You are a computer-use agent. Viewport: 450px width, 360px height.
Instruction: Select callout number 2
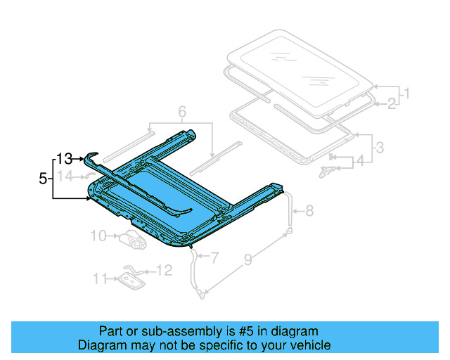click(392, 104)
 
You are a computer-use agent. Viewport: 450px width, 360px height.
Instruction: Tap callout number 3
click(379, 148)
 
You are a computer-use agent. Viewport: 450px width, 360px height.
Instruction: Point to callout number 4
click(359, 161)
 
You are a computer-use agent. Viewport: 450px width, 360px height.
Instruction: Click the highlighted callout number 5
click(43, 179)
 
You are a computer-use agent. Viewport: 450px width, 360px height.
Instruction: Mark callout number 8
click(310, 210)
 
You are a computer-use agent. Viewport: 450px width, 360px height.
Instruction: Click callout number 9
click(247, 261)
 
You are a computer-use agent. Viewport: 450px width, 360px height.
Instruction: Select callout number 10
click(98, 235)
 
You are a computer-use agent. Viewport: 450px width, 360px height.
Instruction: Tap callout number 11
click(101, 278)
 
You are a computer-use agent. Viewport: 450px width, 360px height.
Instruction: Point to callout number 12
click(164, 269)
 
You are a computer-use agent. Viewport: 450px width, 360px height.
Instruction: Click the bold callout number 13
click(65, 159)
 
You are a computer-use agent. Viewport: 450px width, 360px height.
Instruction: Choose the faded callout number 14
click(65, 176)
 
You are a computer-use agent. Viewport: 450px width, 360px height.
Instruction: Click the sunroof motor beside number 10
click(131, 240)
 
